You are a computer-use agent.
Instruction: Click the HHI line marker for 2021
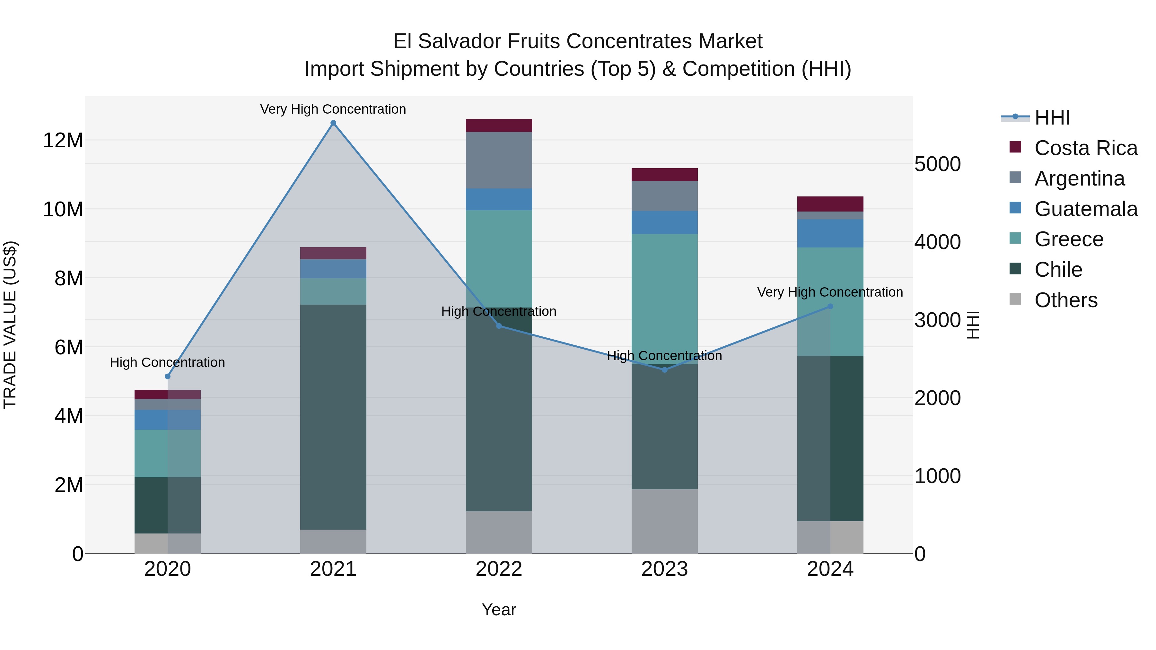pos(333,123)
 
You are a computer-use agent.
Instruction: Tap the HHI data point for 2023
pos(665,370)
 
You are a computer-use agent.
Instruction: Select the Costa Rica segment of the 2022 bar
pos(499,126)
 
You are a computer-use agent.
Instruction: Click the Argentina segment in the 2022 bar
pos(499,160)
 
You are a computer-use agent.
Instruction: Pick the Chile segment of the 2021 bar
pos(333,417)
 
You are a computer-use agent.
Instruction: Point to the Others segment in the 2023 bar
pos(665,521)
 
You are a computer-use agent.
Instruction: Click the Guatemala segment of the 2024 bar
pos(830,233)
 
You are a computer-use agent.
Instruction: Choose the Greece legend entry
pos(1068,239)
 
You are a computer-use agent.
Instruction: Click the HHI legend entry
pos(1052,117)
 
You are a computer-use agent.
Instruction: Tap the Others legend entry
pos(1066,300)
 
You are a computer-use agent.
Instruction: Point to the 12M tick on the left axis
pos(63,140)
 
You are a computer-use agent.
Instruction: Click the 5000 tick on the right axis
pos(937,164)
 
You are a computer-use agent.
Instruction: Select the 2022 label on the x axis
pos(499,569)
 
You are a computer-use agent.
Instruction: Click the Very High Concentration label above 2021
pos(333,109)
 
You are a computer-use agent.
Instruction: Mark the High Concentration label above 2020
pos(167,362)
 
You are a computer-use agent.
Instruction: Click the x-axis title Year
pos(499,610)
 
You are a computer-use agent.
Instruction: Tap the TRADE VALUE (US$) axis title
pos(10,325)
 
